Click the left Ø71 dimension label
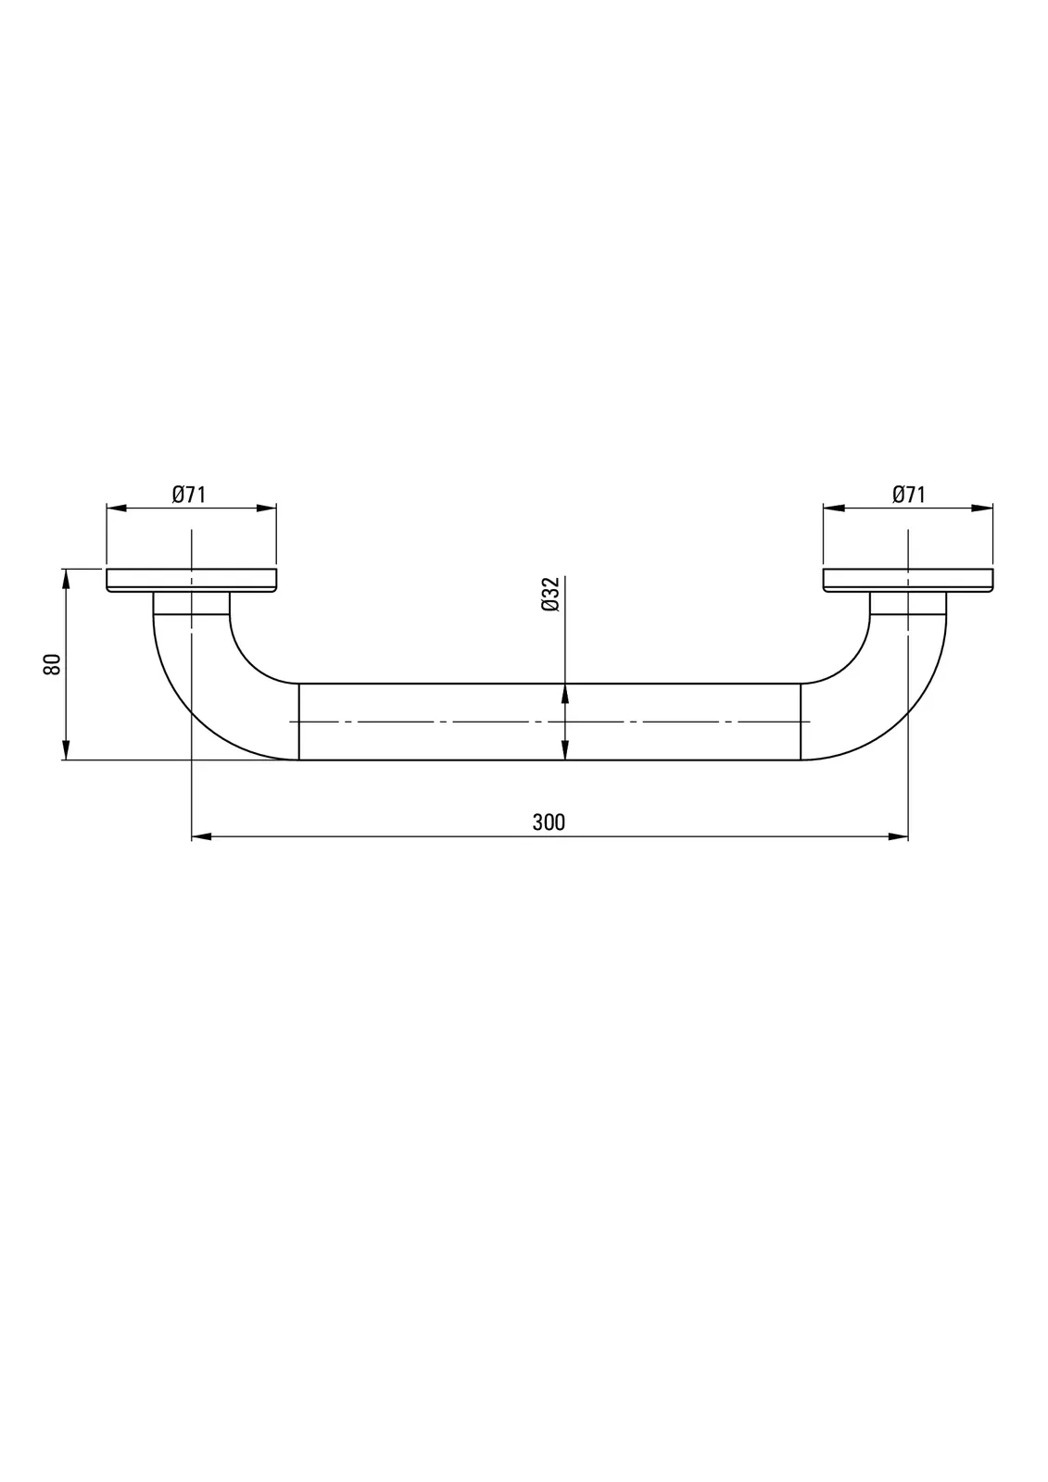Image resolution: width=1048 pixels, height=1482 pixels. point(189,495)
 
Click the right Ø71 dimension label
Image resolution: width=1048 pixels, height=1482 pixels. point(908,495)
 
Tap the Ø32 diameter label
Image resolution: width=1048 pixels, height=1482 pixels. point(550,594)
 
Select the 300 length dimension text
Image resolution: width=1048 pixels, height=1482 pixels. point(549,823)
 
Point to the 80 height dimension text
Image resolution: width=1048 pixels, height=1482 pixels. point(52,663)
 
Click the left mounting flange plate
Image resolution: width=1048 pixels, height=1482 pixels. point(191,580)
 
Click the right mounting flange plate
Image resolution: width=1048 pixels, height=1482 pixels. point(908,580)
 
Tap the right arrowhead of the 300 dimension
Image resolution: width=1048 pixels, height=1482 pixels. point(899,837)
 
